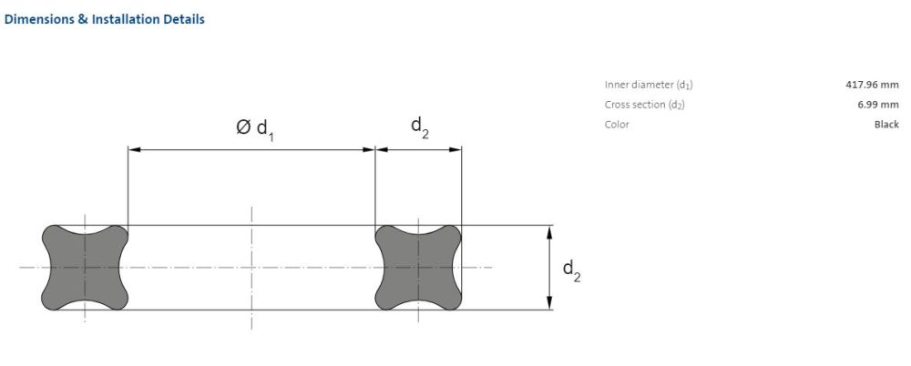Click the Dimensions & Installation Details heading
point(104,19)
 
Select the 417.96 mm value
point(872,85)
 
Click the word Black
point(886,125)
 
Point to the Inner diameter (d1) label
point(649,86)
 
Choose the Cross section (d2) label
point(645,105)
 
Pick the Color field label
point(617,125)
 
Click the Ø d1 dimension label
point(255,129)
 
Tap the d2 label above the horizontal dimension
point(420,127)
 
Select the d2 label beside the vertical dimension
point(572,270)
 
